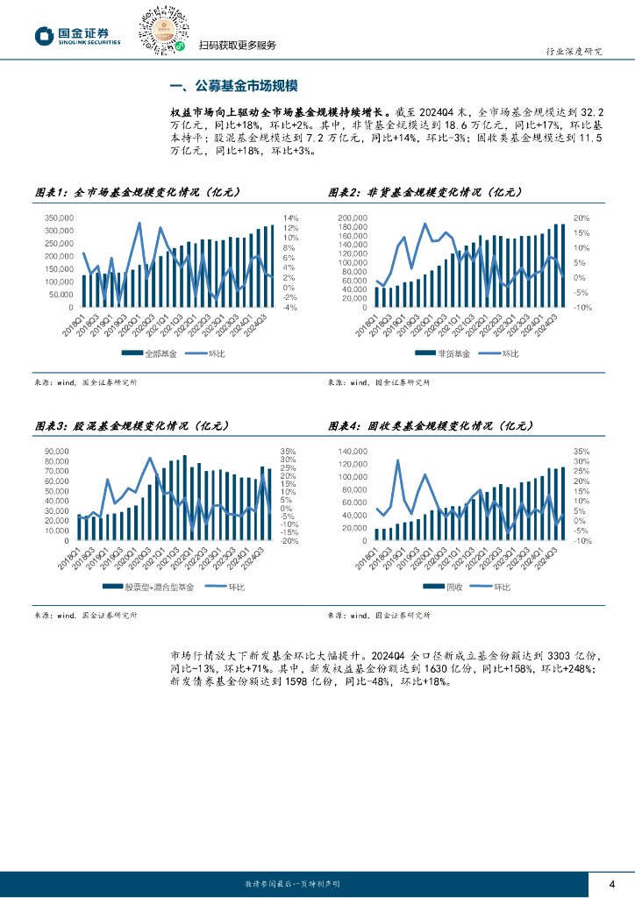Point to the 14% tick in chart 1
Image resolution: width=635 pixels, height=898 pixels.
click(290, 217)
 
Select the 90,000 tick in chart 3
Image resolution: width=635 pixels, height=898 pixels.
click(56, 451)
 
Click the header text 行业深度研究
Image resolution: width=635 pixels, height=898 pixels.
click(574, 52)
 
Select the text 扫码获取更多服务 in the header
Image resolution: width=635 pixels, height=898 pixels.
click(237, 46)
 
